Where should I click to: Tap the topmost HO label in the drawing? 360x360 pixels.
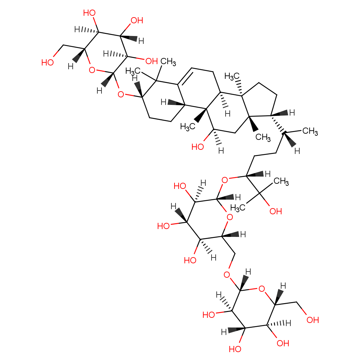(89, 13)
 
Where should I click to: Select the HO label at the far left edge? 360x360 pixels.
(48, 62)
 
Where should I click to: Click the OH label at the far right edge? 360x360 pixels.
(313, 320)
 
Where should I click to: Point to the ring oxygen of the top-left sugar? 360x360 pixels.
(91, 70)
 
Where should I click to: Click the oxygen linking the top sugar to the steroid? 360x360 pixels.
(120, 94)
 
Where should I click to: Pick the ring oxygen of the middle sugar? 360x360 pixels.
(230, 217)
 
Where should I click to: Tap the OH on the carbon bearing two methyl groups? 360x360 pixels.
(276, 211)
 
